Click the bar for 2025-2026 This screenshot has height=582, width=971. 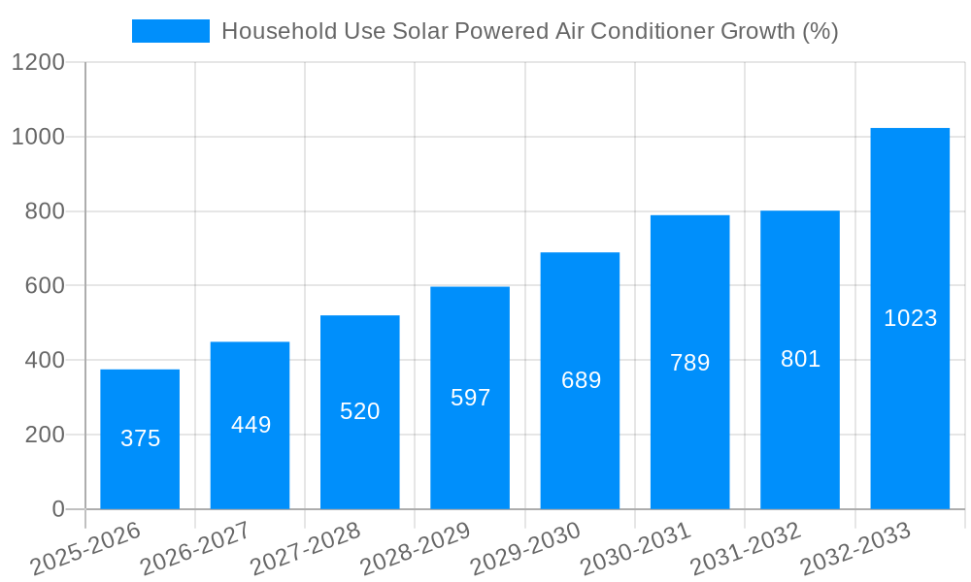140,438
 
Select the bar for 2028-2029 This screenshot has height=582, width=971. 470,398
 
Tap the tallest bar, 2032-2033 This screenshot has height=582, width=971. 910,318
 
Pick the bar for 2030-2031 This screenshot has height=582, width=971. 689,362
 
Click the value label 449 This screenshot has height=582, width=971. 251,425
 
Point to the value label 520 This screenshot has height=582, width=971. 360,411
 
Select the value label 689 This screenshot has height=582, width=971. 581,380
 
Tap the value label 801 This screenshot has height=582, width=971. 800,359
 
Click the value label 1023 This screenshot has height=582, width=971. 910,318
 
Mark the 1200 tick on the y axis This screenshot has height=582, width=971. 38,63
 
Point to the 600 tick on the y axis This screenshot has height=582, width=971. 45,286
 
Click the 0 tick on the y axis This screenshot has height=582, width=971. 57,509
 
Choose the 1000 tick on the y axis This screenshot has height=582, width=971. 38,138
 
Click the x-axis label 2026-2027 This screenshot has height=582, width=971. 195,549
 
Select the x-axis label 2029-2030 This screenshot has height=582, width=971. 525,549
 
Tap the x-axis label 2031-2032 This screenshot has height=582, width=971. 746,549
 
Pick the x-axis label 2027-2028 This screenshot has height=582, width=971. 305,549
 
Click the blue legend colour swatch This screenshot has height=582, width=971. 171,31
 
